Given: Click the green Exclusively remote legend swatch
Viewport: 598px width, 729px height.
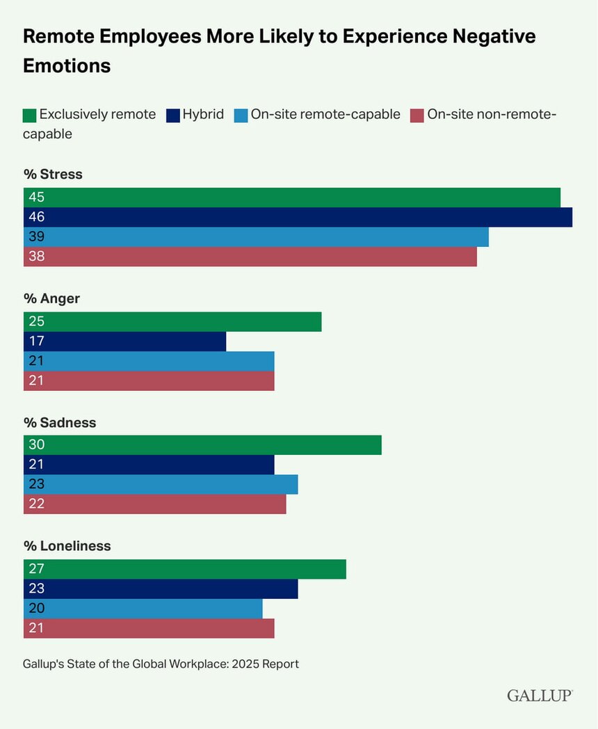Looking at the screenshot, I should (x=29, y=115).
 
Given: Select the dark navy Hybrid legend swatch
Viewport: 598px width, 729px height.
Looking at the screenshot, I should (x=173, y=115).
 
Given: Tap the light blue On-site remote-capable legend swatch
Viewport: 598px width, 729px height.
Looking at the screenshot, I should (x=241, y=115).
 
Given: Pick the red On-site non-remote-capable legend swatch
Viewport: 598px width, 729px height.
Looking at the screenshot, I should (x=417, y=115).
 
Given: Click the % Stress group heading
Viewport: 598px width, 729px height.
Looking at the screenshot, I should (x=53, y=175).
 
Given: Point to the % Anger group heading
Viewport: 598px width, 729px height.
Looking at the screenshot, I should (x=51, y=298).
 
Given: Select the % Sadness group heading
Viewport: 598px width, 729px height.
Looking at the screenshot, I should (x=60, y=422).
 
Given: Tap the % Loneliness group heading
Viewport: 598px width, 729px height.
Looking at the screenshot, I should (x=67, y=546).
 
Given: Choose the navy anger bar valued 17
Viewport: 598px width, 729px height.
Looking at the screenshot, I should (x=125, y=342).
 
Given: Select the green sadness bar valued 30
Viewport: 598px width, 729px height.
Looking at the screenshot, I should (x=202, y=444).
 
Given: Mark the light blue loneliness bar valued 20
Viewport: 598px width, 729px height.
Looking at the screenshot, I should (x=143, y=609).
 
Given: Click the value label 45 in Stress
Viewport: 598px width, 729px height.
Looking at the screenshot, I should (x=36, y=198).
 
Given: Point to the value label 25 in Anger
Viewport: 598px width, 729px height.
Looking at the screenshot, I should (x=36, y=321).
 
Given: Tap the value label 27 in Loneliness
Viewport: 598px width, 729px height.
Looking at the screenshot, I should (x=36, y=569).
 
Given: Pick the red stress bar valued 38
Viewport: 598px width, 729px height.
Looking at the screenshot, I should (x=250, y=257).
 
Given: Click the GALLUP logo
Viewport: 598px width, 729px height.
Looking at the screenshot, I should (x=540, y=696).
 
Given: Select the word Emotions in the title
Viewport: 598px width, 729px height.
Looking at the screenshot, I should (x=67, y=65).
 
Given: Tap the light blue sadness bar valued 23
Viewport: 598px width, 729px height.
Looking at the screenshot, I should (x=161, y=484).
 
